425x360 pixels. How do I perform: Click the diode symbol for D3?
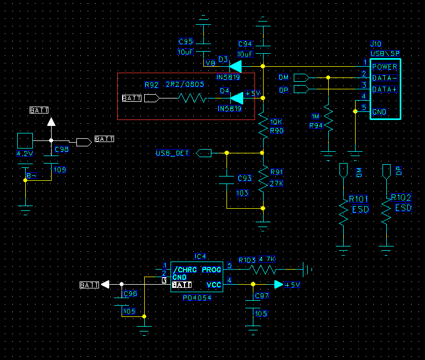coord(236,66)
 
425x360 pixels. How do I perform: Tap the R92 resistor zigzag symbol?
coord(192,98)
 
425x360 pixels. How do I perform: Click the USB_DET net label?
coord(172,153)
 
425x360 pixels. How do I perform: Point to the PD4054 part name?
coord(197,298)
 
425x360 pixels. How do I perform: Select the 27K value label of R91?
coord(277,184)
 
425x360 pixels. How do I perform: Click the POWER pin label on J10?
coord(385,67)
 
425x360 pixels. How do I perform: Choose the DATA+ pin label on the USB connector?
coord(385,89)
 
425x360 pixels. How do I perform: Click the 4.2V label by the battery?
coord(25,153)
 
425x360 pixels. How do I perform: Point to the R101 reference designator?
coord(358,198)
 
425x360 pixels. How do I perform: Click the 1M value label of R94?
coord(316,116)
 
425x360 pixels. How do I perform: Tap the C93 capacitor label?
coord(244,178)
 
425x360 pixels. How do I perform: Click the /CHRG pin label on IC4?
coord(185,269)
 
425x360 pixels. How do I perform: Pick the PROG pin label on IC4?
coord(211,269)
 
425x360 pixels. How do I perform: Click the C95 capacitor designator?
coord(186,41)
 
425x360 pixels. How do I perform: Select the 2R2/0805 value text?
coord(185,84)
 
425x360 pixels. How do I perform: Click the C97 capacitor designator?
coord(261,296)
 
